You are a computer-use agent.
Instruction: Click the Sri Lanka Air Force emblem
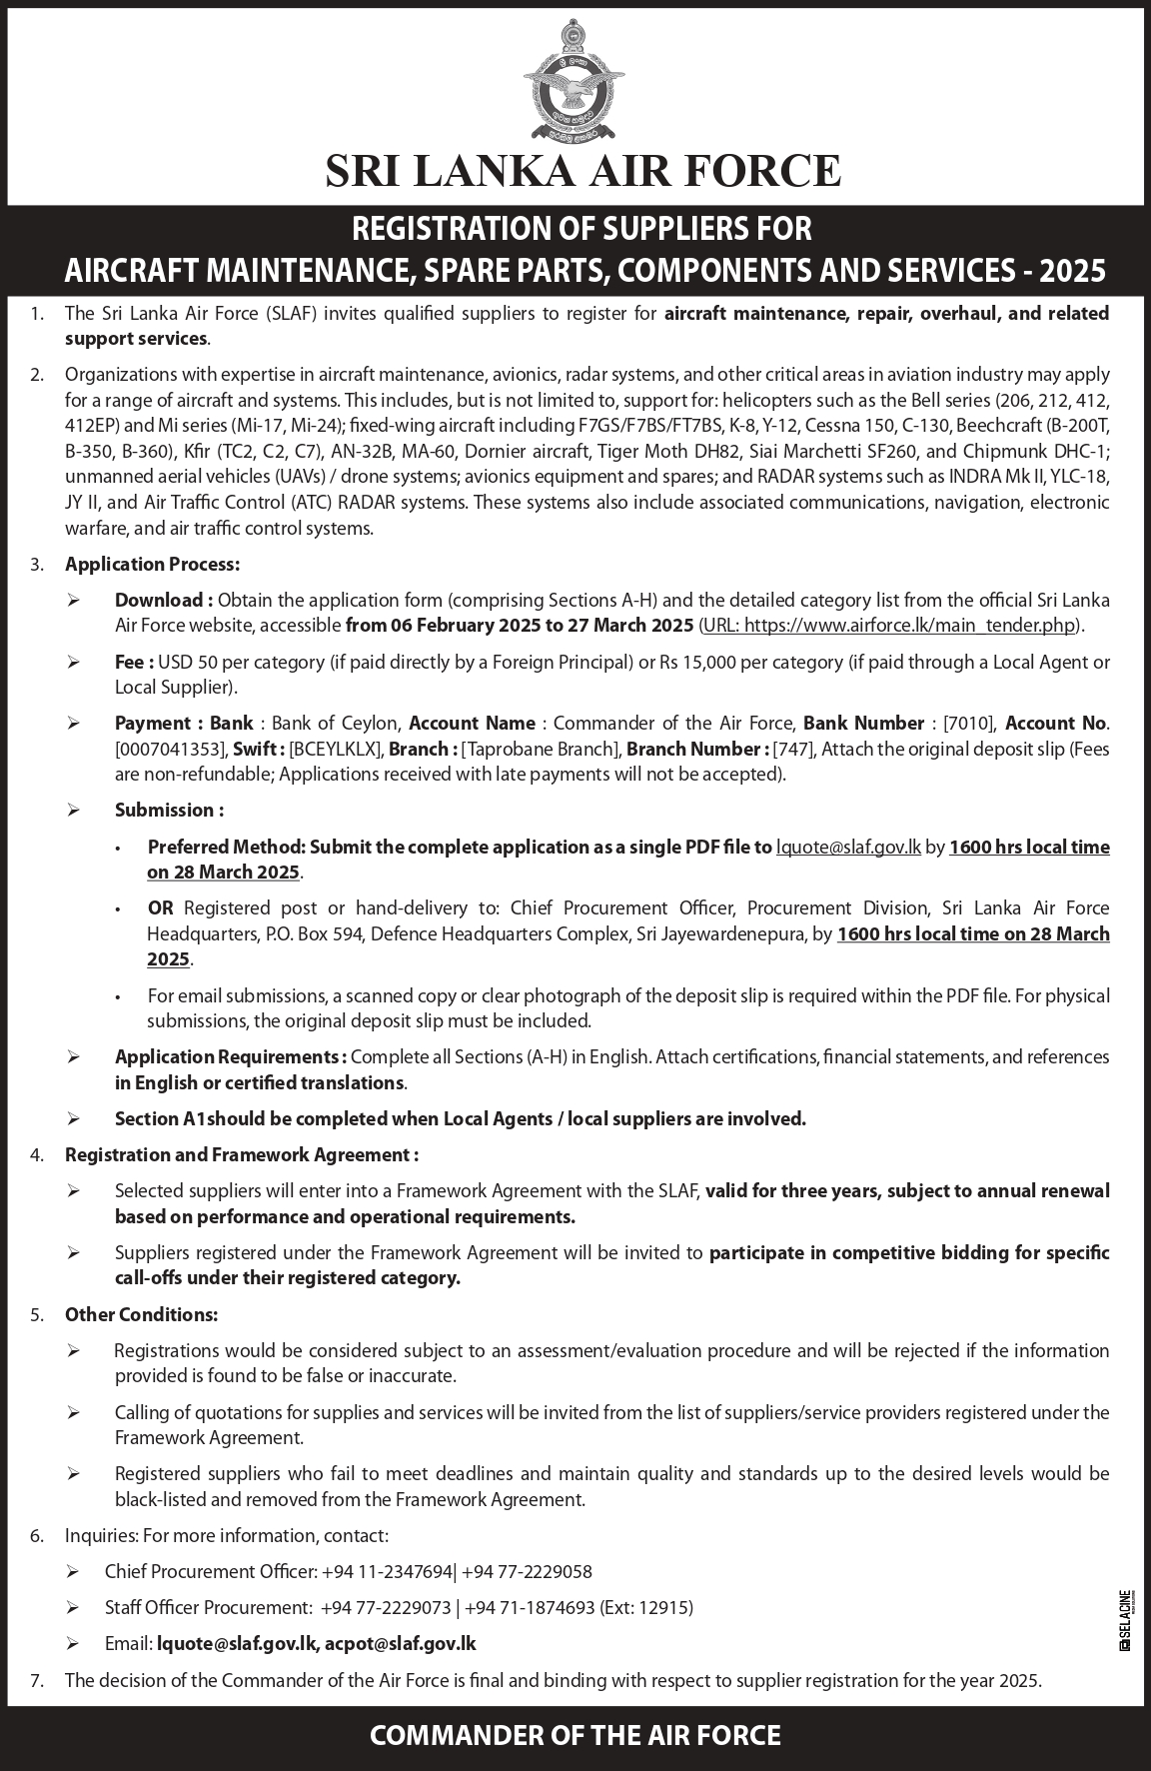(575, 82)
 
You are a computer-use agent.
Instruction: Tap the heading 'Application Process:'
(152, 565)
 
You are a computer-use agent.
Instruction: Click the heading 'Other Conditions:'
(141, 1314)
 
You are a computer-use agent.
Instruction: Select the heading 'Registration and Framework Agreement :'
(241, 1155)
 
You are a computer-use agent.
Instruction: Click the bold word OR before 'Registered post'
(161, 908)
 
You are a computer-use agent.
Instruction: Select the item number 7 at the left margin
(36, 1681)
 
